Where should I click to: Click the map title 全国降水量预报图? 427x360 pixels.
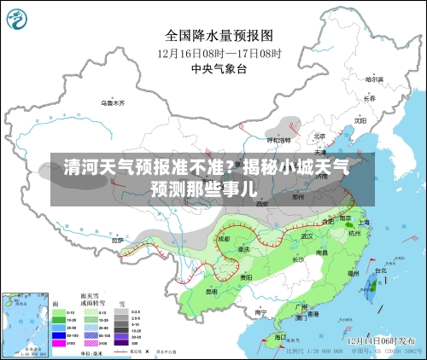coord(219,36)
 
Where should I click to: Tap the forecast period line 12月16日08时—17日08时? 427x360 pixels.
coord(219,52)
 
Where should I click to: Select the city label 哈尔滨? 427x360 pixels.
coord(372,79)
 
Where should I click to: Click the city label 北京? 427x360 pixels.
coord(319,136)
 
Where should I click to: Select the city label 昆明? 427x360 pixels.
coord(211,291)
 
